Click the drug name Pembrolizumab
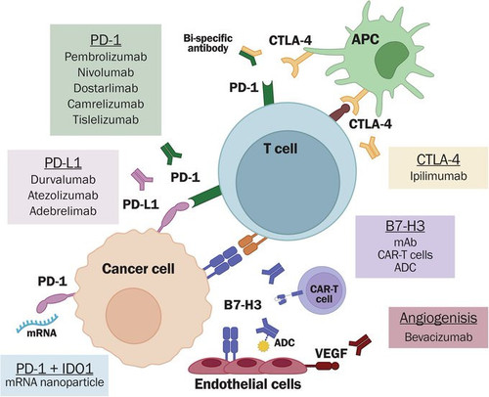coord(106,57)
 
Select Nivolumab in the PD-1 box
coord(106,72)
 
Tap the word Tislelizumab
coord(106,119)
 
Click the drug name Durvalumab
coord(63,179)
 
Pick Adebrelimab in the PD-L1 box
coord(63,211)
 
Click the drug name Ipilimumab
coord(438,176)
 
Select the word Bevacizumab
coord(438,336)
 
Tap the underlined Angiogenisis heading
coord(438,318)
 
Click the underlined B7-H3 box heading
coord(405,226)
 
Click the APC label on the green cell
coord(365,39)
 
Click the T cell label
coord(281,149)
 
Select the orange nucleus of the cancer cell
coord(133,316)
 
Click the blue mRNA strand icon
coord(37,323)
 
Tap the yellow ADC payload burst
coord(262,346)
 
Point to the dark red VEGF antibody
coord(360,344)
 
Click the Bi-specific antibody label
coord(207,43)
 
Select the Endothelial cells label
coord(247,384)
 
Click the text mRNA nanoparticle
coord(55,382)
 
